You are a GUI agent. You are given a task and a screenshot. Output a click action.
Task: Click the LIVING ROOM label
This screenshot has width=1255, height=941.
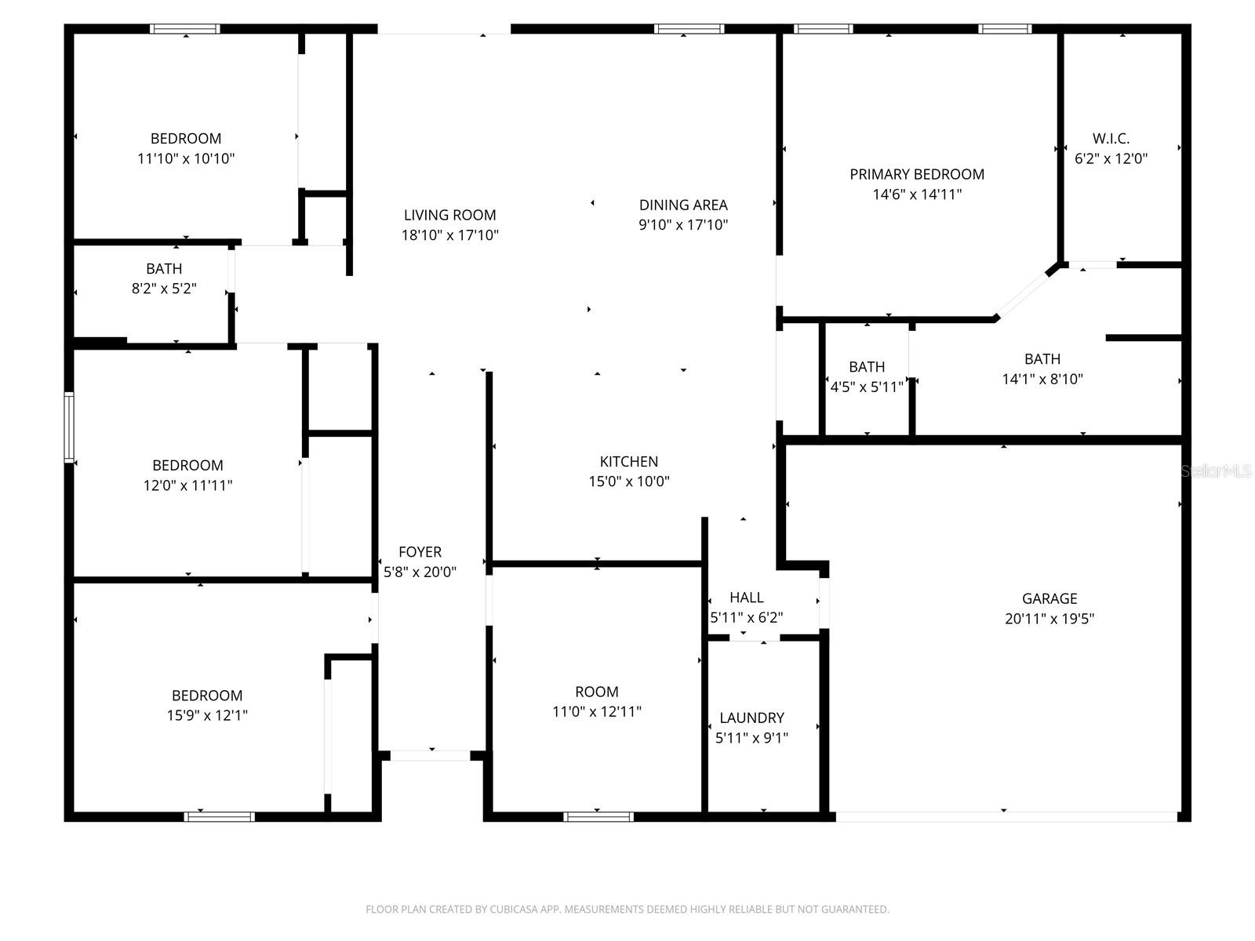[449, 215]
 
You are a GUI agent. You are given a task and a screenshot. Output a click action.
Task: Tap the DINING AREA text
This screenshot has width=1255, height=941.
[683, 205]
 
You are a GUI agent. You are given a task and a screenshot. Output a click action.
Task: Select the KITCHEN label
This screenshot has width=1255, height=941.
[628, 461]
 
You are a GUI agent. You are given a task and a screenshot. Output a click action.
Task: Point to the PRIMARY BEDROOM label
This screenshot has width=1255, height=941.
[917, 174]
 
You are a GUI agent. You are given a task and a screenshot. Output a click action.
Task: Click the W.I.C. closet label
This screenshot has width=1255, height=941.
[1111, 139]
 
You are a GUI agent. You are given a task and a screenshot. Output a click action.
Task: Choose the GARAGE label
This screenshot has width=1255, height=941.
[1049, 598]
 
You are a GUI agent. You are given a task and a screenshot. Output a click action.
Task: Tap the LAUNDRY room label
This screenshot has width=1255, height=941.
[751, 718]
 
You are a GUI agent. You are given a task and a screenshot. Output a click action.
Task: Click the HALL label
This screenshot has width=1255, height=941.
[746, 598]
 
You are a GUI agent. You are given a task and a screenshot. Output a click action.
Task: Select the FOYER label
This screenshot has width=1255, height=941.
[420, 552]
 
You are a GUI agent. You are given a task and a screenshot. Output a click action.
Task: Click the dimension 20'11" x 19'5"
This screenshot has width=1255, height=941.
[1049, 619]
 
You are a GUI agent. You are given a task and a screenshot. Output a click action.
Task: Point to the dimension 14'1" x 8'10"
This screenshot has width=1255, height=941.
[1042, 380]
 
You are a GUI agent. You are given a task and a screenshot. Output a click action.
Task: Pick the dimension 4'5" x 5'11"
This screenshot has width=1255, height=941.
[867, 387]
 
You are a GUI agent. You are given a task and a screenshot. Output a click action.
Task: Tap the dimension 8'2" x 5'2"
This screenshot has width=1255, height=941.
[164, 289]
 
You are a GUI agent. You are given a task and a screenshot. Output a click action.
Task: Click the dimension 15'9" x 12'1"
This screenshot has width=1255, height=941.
[207, 715]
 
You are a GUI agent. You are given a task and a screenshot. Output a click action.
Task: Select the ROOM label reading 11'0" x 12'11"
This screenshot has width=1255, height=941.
[596, 692]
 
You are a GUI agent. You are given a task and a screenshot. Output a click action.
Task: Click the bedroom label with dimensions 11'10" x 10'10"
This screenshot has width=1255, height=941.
[186, 139]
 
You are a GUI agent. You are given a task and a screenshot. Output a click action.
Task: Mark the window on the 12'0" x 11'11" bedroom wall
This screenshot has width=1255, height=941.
[69, 427]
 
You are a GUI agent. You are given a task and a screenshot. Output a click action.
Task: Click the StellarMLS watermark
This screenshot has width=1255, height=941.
[1217, 470]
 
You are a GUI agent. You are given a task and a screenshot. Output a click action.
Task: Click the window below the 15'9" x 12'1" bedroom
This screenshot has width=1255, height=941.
[220, 816]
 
